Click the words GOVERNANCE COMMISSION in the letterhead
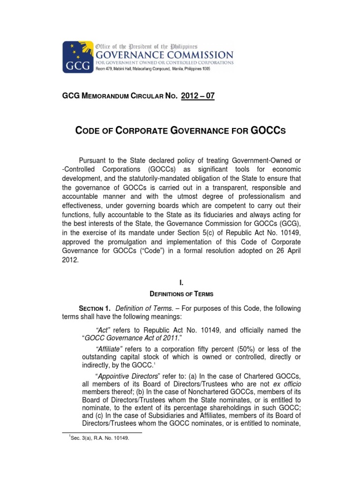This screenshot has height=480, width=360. pyautogui.click(x=164, y=54)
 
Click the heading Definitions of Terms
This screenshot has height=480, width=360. pyautogui.click(x=181, y=294)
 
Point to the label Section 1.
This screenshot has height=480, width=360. pyautogui.click(x=94, y=308)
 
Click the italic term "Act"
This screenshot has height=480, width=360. pyautogui.click(x=104, y=330)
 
